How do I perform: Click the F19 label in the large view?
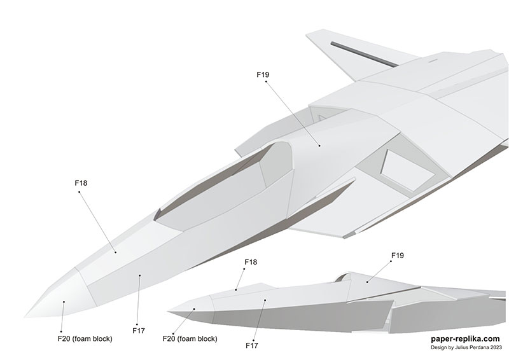coord(263,74)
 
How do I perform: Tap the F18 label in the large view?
coord(81,183)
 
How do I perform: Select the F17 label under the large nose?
coord(139,330)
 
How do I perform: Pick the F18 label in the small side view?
coord(251,262)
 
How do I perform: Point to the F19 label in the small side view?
coord(397,256)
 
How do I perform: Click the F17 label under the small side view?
coord(252,345)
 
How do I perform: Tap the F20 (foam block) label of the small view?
coord(190,338)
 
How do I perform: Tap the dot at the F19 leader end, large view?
coord(320,146)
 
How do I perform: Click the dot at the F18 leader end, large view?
coord(116,252)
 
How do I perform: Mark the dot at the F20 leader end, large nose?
coord(64,302)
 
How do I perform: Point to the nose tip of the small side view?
coord(169,310)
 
